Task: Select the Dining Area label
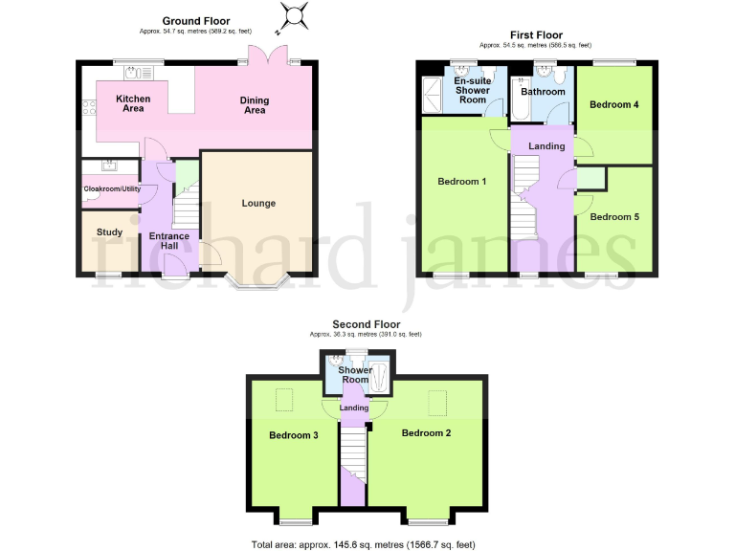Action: coord(255,105)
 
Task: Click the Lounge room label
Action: coord(258,203)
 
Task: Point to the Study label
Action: coord(109,231)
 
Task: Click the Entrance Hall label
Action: coord(169,240)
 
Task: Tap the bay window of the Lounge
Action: coord(254,281)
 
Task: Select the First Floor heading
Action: coord(535,35)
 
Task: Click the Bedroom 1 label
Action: coord(462,181)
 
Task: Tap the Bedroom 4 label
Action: coord(613,104)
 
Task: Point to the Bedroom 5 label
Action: coord(613,217)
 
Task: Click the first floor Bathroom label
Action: coord(543,92)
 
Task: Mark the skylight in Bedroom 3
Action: coord(284,400)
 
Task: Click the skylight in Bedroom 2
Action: coord(438,400)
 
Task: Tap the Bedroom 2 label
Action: coord(426,433)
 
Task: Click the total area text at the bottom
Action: coord(363,543)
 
